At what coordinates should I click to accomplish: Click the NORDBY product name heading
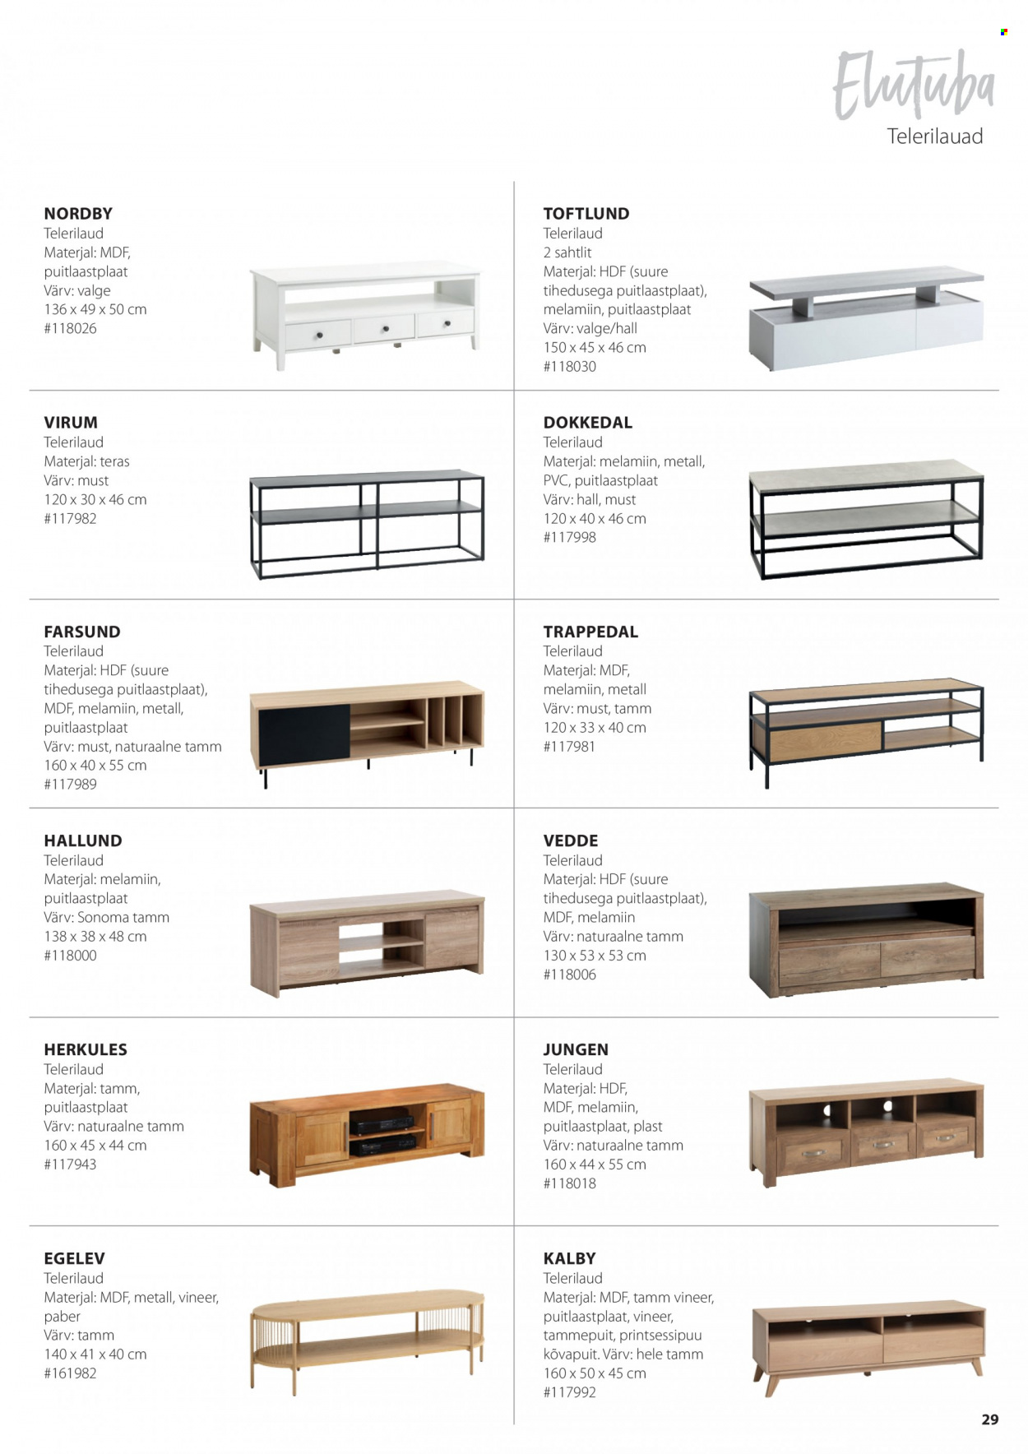(x=78, y=214)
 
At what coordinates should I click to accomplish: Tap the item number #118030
(x=569, y=367)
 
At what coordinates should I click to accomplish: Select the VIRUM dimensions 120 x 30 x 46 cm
(x=95, y=499)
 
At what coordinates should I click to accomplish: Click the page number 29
(x=989, y=1419)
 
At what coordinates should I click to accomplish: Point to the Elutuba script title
(x=913, y=85)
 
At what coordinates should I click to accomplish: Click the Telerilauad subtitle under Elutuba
(x=934, y=137)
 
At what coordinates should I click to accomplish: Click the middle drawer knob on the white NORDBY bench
(x=385, y=329)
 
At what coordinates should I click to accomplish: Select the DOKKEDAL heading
(x=587, y=423)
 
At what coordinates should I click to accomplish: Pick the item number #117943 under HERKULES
(x=70, y=1165)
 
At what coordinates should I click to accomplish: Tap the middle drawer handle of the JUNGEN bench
(x=883, y=1144)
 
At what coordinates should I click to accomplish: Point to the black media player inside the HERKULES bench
(x=382, y=1119)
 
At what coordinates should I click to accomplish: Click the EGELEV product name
(x=74, y=1259)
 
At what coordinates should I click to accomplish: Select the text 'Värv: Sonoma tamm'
(x=106, y=917)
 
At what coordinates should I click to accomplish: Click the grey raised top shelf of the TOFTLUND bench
(x=866, y=282)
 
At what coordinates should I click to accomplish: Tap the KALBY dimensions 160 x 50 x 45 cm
(x=595, y=1373)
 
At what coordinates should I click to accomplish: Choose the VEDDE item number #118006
(x=569, y=975)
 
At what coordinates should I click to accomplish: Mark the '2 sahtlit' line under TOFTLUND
(x=567, y=252)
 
